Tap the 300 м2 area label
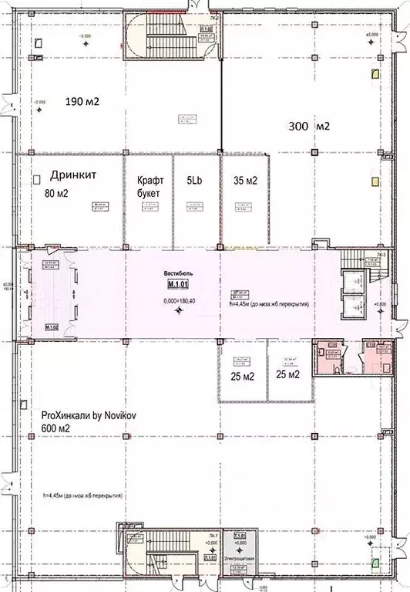coord(308,127)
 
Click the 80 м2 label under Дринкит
coord(57,193)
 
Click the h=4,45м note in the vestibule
coord(270,305)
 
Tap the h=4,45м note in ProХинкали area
coord(84,495)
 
